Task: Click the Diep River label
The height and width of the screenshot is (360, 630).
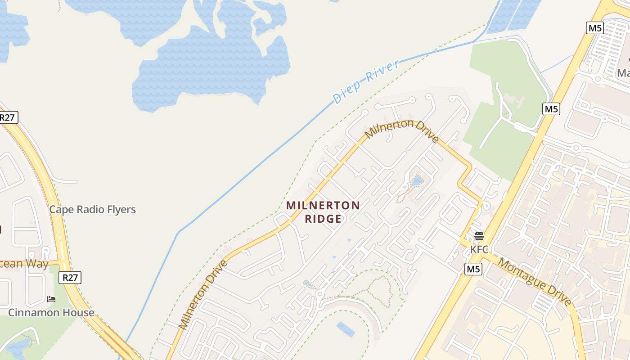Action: tap(365, 81)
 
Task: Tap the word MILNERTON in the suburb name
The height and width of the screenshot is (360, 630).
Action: tap(323, 206)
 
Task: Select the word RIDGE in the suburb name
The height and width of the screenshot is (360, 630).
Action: tap(323, 219)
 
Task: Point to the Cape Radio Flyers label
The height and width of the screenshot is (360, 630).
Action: tap(92, 209)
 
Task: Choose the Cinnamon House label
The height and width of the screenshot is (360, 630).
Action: tap(51, 312)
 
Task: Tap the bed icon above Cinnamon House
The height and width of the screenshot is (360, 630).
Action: tap(51, 299)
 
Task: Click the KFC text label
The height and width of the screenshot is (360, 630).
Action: tap(479, 249)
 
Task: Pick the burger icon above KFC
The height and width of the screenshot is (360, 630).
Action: tap(479, 236)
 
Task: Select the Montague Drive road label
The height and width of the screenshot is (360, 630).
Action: tap(535, 283)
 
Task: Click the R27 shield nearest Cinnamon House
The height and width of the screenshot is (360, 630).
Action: tap(71, 278)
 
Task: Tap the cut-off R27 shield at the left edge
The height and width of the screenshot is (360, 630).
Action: tap(8, 118)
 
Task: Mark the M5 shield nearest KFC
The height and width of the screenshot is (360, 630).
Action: tap(473, 269)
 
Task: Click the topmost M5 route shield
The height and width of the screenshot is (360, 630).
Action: tap(595, 28)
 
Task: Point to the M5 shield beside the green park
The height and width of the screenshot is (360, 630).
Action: tap(551, 109)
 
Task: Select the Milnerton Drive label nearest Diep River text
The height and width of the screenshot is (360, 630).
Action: tap(402, 129)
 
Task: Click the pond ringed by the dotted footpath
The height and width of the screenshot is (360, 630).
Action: tap(417, 182)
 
